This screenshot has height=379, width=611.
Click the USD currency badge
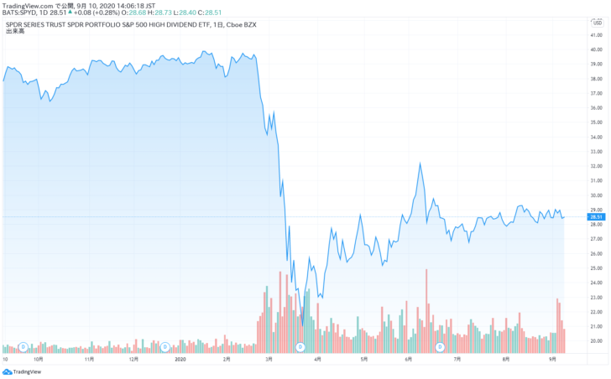[598, 23]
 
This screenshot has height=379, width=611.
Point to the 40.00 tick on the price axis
[597, 49]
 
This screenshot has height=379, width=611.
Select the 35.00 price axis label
[597, 122]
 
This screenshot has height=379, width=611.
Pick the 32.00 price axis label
[597, 166]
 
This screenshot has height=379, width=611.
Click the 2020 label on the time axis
[180, 359]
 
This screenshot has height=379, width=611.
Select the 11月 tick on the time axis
[91, 359]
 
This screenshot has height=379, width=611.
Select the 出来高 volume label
[15, 32]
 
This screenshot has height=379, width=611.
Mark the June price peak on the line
[418, 164]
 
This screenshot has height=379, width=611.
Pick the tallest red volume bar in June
[426, 270]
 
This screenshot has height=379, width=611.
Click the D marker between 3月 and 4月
[300, 346]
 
